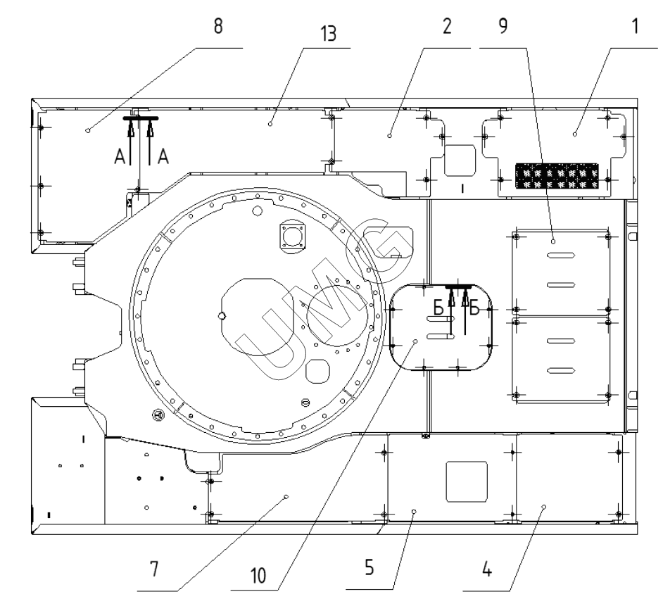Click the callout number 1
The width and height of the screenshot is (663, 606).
tap(636, 29)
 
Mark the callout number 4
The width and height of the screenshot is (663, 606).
tap(486, 571)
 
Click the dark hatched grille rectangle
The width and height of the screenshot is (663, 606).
tap(557, 177)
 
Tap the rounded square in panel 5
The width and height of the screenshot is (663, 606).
tap(467, 480)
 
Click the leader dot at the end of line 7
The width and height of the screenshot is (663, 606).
tap(286, 497)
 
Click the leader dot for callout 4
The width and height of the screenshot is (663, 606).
tap(543, 506)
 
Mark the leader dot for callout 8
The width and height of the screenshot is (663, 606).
tap(87, 130)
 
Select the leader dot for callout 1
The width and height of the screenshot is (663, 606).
tap(575, 132)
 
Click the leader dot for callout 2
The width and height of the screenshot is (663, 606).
tap(389, 131)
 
